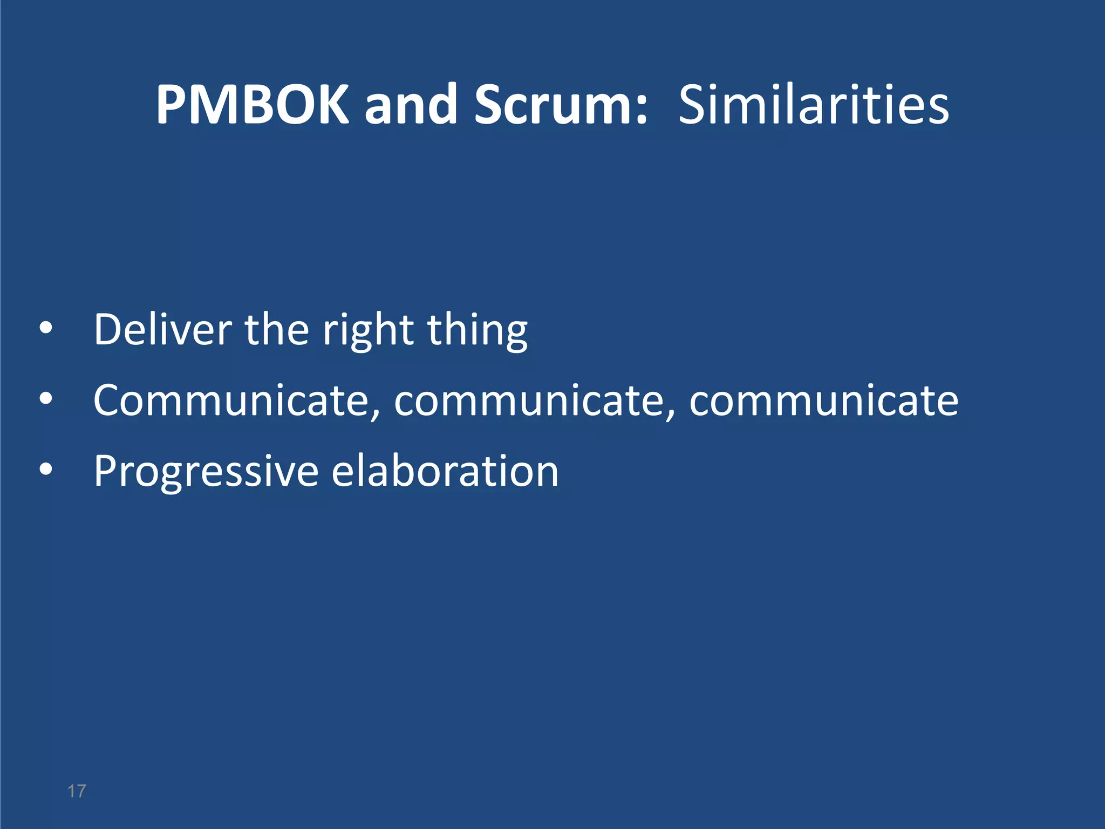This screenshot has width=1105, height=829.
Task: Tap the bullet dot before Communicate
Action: (46, 399)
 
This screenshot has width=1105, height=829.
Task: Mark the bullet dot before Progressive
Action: (46, 470)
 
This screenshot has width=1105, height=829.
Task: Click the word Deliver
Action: (163, 329)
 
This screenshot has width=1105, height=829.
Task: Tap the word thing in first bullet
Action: (477, 330)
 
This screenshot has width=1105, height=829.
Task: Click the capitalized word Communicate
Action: (236, 400)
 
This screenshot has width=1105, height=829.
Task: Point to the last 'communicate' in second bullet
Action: (823, 400)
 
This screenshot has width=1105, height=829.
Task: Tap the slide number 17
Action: (77, 791)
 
